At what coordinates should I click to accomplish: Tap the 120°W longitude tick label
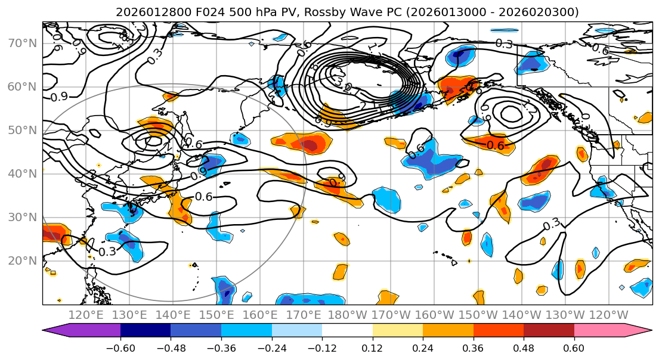point(609,315)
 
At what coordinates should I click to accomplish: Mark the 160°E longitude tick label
point(261,315)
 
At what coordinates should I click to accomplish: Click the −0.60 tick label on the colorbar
point(120,347)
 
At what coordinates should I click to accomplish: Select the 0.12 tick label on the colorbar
point(373,347)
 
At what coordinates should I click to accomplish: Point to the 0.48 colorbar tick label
point(524,347)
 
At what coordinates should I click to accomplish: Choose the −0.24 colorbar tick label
point(272,347)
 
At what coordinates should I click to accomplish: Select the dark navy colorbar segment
point(146,331)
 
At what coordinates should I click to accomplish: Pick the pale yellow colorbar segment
point(398,331)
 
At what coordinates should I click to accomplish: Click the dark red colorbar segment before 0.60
point(549,331)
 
